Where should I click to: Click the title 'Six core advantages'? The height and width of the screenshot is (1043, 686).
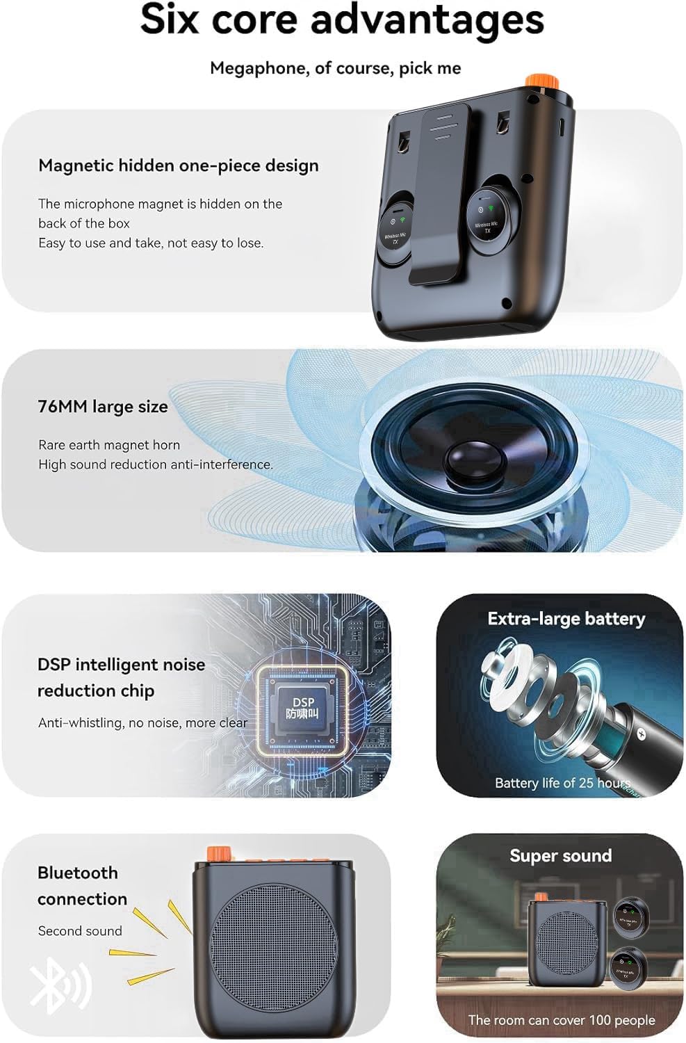tap(342, 19)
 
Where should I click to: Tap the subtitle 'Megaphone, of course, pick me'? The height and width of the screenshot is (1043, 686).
tap(335, 68)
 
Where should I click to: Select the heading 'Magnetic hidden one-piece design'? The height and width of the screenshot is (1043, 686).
tap(179, 165)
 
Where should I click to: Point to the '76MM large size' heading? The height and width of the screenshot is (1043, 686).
tap(103, 407)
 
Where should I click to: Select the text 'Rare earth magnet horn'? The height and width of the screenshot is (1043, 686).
tap(109, 445)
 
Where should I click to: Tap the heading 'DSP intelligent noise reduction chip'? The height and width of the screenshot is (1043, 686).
tap(121, 677)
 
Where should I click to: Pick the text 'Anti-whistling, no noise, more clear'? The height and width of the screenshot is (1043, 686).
tap(142, 723)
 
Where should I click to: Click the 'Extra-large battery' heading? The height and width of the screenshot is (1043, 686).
tap(566, 619)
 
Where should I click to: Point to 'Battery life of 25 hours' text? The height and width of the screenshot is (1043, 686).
tap(562, 783)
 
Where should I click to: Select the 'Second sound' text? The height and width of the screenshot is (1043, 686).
tap(80, 931)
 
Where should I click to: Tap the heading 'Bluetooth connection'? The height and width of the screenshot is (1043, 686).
tap(82, 885)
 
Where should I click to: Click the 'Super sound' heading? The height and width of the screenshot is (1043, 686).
tap(560, 856)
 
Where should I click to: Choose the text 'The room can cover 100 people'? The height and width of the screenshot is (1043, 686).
tap(561, 1020)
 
